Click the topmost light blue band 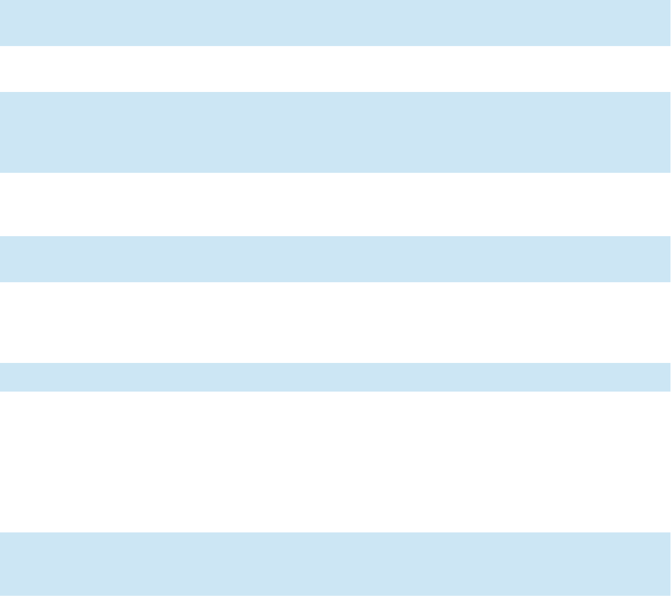[x=335, y=23]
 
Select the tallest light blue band [x=335, y=132]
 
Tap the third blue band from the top [x=335, y=259]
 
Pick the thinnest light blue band [x=335, y=377]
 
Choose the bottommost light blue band [x=335, y=564]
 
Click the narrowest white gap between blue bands [x=335, y=69]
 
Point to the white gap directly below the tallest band [x=335, y=204]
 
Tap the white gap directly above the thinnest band [x=335, y=323]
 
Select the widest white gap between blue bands [x=335, y=462]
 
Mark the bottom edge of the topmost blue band [x=335, y=45]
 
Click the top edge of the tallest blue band [x=335, y=93]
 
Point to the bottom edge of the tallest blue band [x=335, y=172]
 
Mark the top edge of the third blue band [x=335, y=237]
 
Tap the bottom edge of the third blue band [x=335, y=282]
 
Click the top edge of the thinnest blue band [x=335, y=364]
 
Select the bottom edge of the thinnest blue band [x=335, y=391]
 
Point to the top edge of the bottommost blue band [x=335, y=533]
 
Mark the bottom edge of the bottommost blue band [x=335, y=595]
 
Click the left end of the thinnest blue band [x=2, y=377]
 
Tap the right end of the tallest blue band [x=669, y=132]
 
